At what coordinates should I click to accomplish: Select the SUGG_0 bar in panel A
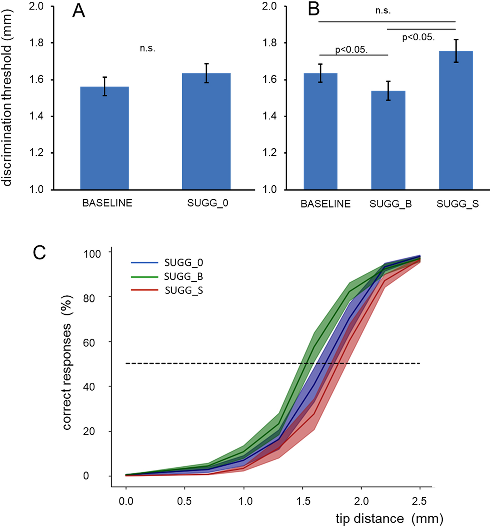[x=206, y=131]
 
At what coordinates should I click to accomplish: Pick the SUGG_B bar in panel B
[x=388, y=140]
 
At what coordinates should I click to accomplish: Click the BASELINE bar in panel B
[x=320, y=131]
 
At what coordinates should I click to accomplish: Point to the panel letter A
[x=78, y=11]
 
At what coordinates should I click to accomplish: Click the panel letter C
[x=39, y=253]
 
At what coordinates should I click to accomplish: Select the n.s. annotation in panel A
[x=147, y=48]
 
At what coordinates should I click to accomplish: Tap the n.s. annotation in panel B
[x=383, y=11]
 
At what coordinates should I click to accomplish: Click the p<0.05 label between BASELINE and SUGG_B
[x=351, y=50]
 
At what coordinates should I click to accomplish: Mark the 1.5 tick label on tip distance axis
[x=303, y=501]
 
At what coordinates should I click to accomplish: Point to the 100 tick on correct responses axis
[x=92, y=254]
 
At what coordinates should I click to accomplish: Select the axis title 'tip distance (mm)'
[x=389, y=519]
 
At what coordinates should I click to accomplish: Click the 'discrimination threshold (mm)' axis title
[x=7, y=98]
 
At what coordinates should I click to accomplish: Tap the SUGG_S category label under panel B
[x=457, y=204]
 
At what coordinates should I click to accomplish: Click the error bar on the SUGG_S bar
[x=456, y=51]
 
